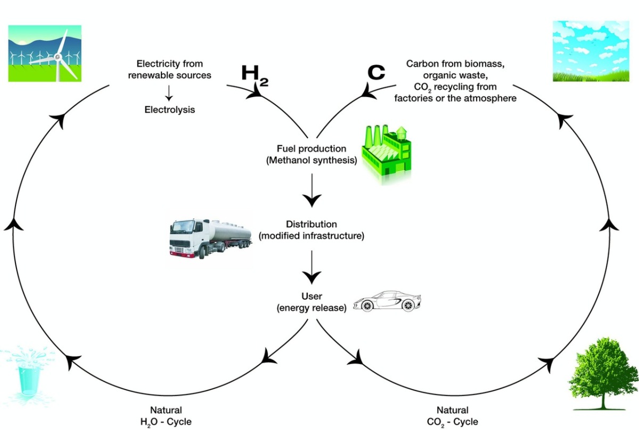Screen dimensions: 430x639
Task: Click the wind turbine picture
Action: tap(45, 53)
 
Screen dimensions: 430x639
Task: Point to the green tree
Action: tap(602, 373)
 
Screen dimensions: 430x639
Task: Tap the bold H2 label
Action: tap(255, 74)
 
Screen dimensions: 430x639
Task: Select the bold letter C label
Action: tap(376, 72)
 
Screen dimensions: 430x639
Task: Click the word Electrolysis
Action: tap(169, 110)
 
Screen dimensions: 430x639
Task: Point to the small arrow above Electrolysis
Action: tap(169, 93)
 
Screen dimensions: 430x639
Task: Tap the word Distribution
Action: tap(312, 224)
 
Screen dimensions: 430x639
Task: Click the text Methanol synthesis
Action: tap(312, 159)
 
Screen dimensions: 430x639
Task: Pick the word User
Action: tap(312, 296)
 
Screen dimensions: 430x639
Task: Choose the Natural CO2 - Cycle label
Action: tap(453, 416)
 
